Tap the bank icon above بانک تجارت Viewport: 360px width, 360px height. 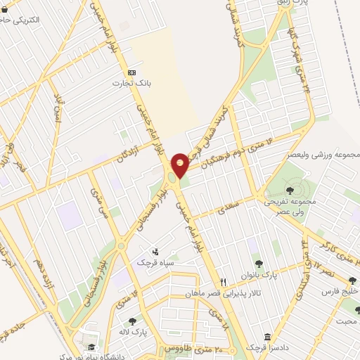click(131, 72)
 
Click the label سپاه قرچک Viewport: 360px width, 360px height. click(155, 262)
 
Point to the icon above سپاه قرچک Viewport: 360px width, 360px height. click(155, 252)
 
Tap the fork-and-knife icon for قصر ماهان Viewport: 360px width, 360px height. click(222, 283)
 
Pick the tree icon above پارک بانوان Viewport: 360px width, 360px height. click(259, 264)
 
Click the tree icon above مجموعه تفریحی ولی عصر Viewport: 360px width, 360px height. click(290, 189)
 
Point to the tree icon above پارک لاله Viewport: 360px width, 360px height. click(131, 321)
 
